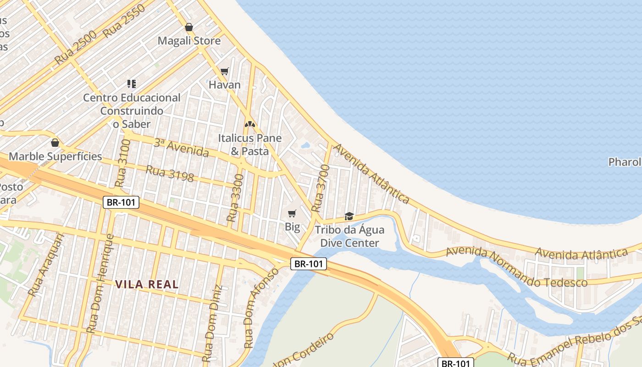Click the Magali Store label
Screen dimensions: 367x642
(x=189, y=41)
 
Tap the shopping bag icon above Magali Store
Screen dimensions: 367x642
(x=188, y=27)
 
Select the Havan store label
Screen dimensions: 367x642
(x=225, y=85)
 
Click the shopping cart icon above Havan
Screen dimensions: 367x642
(x=224, y=71)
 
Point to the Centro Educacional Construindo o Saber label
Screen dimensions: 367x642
(x=132, y=111)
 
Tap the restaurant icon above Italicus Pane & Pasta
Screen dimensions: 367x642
(x=249, y=124)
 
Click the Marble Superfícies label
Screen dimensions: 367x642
(x=55, y=156)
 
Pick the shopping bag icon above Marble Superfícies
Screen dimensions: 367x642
(x=55, y=143)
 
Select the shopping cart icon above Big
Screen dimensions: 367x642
(x=292, y=213)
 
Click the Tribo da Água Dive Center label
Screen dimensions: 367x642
(x=349, y=236)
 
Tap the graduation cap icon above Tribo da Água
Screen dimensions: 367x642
(x=349, y=216)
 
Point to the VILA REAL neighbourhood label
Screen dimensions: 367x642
(x=147, y=284)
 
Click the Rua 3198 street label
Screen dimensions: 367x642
(x=170, y=173)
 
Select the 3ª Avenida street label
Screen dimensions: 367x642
(x=181, y=148)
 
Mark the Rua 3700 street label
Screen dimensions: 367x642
(x=321, y=189)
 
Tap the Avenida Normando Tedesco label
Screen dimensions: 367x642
(x=516, y=267)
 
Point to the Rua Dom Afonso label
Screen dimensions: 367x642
(x=262, y=308)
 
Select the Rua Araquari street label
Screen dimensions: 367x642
(x=44, y=265)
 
